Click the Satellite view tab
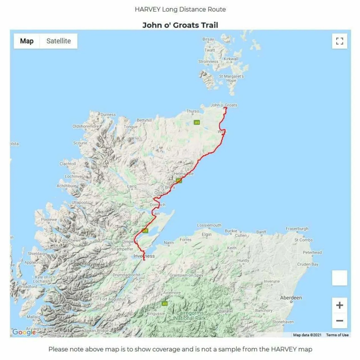click(58, 41)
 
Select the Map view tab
click(27, 41)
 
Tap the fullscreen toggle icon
click(339, 41)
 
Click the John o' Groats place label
click(224, 105)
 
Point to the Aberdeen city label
click(291, 298)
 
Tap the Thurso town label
click(193, 111)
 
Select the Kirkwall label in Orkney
click(231, 59)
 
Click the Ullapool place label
click(79, 202)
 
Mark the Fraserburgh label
click(297, 229)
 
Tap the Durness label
click(108, 115)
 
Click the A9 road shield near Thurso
click(197, 122)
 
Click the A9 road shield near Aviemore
click(165, 303)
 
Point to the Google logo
click(24, 332)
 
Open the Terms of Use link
click(337, 335)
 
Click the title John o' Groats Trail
click(180, 25)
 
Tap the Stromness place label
click(208, 62)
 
